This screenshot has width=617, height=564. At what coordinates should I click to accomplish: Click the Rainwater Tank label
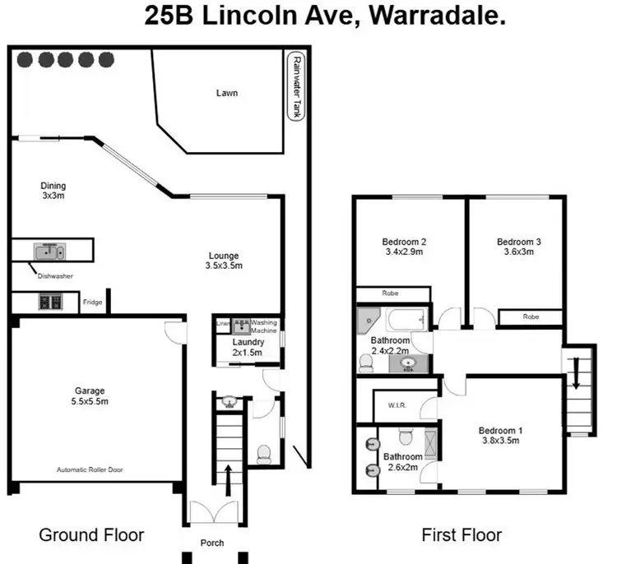point(295,87)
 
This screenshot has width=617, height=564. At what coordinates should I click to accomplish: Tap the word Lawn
point(226,93)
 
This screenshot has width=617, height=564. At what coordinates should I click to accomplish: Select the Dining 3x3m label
point(53,191)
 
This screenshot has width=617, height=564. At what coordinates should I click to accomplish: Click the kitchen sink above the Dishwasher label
point(49,251)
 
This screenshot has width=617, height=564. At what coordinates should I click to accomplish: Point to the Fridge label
point(92,303)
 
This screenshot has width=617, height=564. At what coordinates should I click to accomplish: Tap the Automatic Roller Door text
point(90,470)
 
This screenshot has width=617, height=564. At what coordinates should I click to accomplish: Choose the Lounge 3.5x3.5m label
point(224,261)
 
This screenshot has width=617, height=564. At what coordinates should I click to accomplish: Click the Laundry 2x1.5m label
point(248,347)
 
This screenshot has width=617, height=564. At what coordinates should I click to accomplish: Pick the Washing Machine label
point(264,326)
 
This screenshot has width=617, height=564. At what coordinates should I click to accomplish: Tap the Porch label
point(214,543)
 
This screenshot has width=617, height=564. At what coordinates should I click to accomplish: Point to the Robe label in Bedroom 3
point(531,316)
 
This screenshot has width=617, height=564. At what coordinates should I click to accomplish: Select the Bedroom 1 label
point(501,435)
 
